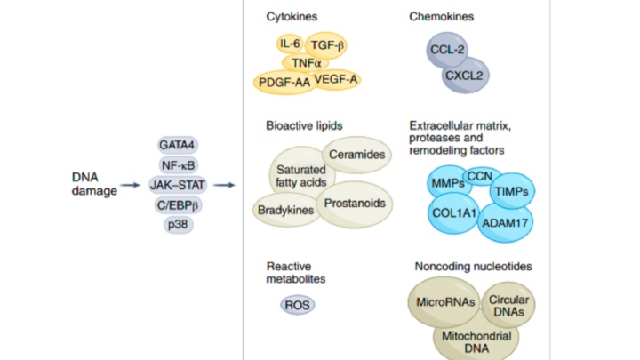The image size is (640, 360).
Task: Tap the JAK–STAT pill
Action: pyautogui.click(x=178, y=185)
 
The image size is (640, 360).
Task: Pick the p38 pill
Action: pyautogui.click(x=177, y=225)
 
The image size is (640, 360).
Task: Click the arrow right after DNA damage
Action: pyautogui.click(x=131, y=185)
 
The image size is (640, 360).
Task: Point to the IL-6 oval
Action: pyautogui.click(x=290, y=44)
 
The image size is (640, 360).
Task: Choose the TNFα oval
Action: pyautogui.click(x=307, y=63)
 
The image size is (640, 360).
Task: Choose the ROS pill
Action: pyautogui.click(x=295, y=306)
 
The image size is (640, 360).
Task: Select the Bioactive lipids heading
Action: pyautogui.click(x=304, y=125)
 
